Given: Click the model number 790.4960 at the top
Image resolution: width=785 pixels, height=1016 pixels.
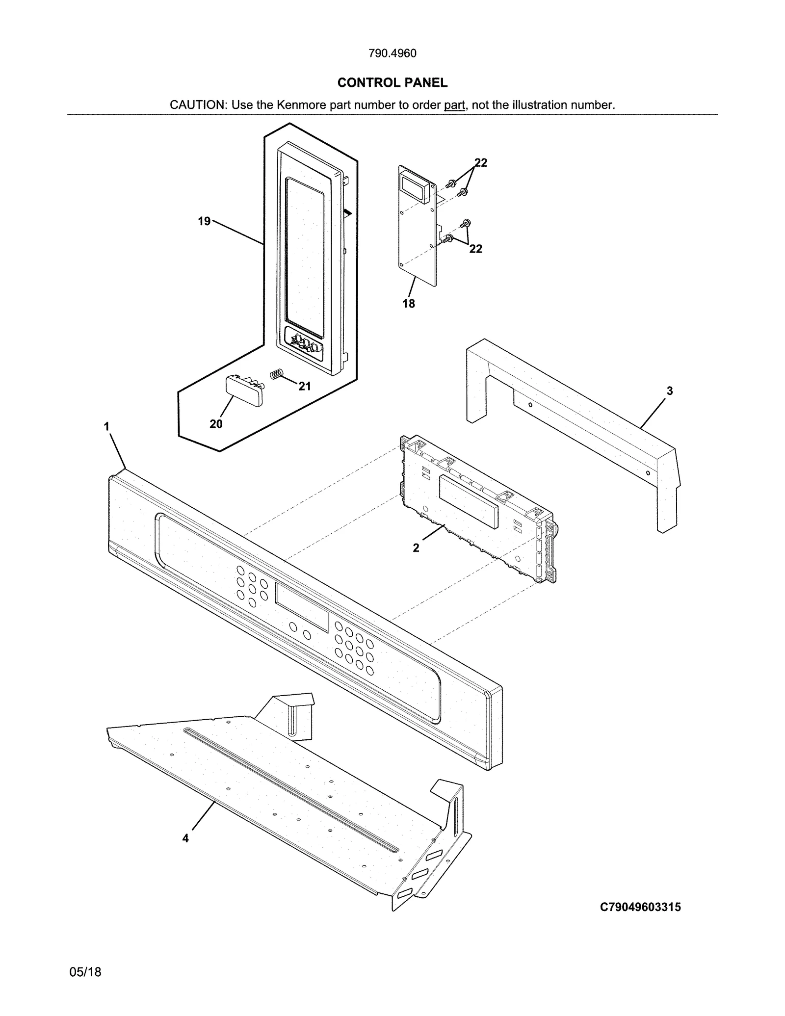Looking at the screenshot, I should click(x=392, y=53).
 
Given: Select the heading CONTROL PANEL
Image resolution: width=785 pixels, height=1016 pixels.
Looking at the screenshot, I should click(x=392, y=83).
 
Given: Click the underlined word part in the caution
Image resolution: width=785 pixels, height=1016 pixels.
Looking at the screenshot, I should click(x=454, y=105).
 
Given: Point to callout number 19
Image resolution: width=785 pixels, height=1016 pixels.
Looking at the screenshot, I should click(x=204, y=221).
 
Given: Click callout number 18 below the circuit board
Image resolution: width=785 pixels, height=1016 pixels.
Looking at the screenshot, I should click(x=408, y=304).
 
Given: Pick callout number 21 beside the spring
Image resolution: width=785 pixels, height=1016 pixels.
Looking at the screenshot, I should click(x=305, y=387).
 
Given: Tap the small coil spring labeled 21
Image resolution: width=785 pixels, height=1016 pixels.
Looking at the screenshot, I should click(x=277, y=374).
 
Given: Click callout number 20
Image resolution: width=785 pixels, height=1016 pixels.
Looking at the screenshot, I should click(x=216, y=424).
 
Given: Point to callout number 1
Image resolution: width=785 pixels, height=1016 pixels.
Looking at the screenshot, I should click(x=106, y=426).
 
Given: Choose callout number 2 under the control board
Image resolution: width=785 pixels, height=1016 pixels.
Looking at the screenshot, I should click(x=416, y=548).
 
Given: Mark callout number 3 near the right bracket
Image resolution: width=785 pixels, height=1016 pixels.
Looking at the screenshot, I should click(x=670, y=391).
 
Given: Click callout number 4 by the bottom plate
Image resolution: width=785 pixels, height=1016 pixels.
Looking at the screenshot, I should click(x=185, y=838).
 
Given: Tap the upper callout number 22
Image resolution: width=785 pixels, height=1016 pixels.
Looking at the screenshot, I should click(x=481, y=163).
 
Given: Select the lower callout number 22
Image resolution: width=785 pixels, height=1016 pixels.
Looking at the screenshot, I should click(x=475, y=249).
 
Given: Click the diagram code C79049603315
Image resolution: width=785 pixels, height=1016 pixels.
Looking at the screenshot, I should click(x=640, y=907).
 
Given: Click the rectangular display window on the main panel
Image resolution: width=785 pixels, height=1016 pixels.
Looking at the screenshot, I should click(x=302, y=607).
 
